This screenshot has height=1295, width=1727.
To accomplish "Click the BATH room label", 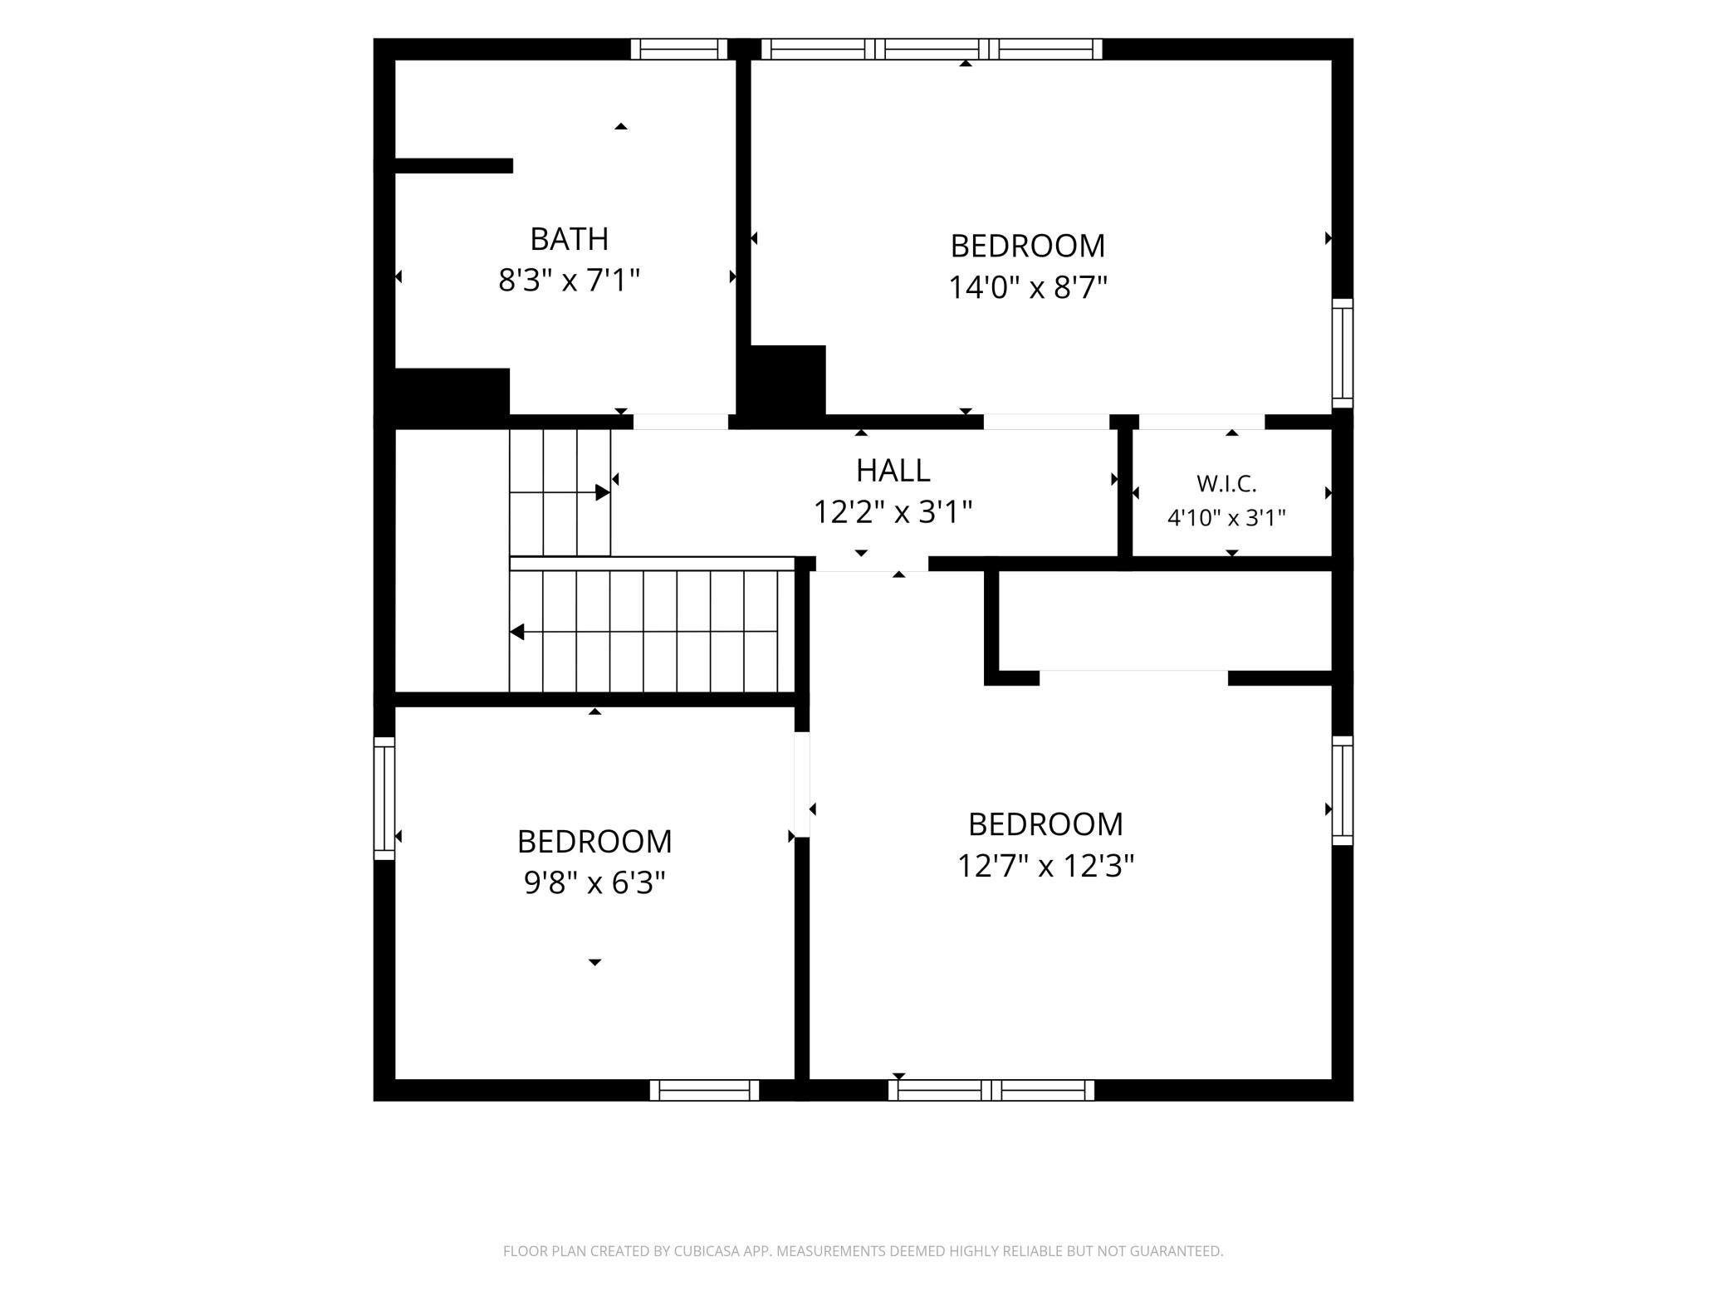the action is point(569,239).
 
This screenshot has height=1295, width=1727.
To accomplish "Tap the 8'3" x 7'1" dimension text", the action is point(569,281).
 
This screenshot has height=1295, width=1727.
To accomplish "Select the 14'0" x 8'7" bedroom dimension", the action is point(1028,287).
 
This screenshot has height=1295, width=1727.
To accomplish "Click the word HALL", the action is point(893,471).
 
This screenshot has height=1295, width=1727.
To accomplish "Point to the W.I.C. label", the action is point(1226,483).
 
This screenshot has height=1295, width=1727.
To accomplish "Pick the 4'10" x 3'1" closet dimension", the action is point(1226,518).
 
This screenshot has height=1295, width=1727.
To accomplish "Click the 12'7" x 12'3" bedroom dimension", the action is point(1045,866).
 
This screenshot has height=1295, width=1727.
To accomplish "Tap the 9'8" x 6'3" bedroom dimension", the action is point(594,882).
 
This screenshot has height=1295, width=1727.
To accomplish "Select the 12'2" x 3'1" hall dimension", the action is point(893,512).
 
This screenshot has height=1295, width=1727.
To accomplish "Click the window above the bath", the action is point(679,49).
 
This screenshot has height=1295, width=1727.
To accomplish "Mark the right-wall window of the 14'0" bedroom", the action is point(1343,354).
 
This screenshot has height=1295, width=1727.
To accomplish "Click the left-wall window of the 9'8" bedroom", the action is point(384,798).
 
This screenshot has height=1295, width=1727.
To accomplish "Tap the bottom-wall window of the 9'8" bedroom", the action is point(704,1090).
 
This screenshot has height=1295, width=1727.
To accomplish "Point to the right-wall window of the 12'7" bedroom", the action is point(1343,790).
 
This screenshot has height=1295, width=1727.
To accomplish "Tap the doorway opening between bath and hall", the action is point(681,422).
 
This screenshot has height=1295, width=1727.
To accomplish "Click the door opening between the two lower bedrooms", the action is point(802,784).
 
